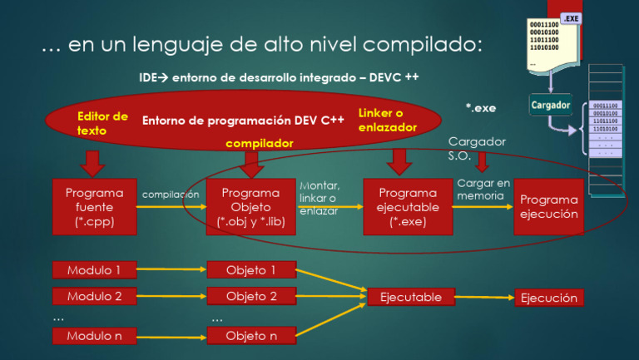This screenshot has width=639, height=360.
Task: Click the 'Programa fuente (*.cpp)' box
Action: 94,207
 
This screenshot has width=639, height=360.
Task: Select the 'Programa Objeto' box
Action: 250,207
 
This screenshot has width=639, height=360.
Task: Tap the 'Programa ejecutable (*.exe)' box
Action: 408,207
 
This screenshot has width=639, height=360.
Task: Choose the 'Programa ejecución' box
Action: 548,207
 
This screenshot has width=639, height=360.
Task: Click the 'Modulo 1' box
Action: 94,269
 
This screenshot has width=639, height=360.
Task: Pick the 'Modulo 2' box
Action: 94,296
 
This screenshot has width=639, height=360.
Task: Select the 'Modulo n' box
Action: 94,336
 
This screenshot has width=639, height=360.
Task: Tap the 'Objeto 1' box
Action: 250,269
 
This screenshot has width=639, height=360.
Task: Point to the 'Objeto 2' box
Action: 250,296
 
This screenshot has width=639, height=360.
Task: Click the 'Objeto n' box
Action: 250,336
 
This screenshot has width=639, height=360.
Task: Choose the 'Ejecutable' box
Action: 411,296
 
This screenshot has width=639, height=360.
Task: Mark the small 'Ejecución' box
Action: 548,298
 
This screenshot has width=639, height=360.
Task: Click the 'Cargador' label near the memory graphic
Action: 551,106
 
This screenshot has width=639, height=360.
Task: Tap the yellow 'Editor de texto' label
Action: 102,123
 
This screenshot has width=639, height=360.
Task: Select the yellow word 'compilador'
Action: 260,144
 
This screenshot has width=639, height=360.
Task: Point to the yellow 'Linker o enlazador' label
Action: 387,120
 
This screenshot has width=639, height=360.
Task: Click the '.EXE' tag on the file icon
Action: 572,18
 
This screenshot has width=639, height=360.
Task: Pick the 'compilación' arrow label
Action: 171,194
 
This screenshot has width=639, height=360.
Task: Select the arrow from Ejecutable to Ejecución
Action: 484,297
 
